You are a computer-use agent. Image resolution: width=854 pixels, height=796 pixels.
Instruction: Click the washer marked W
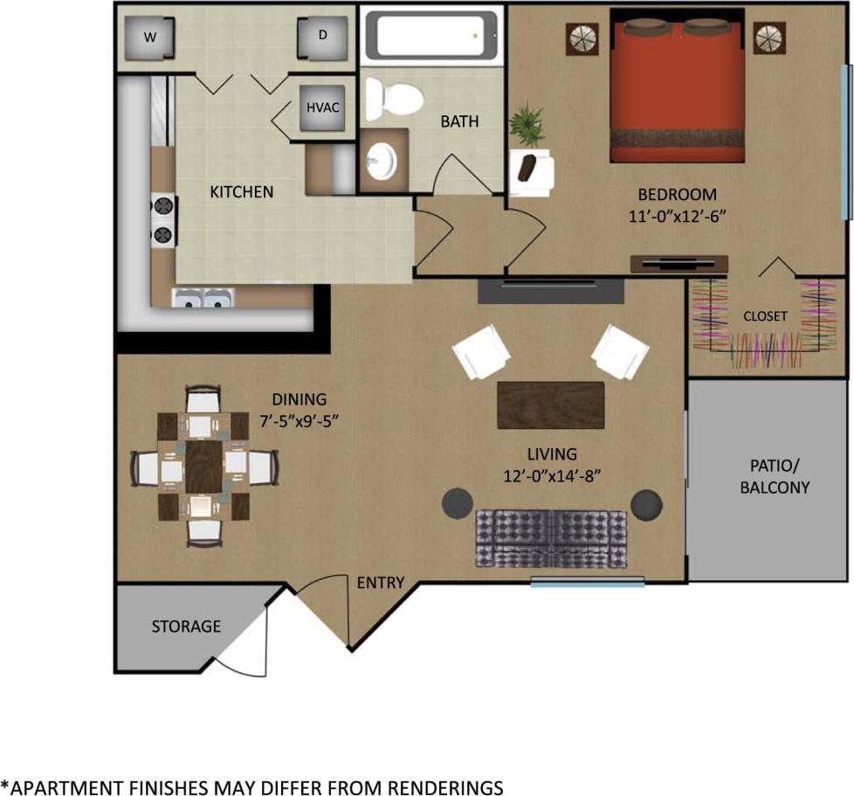pos(149,38)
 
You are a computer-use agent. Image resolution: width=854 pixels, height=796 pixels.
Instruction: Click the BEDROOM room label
pos(677,195)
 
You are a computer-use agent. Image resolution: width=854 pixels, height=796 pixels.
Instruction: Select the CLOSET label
pos(765,316)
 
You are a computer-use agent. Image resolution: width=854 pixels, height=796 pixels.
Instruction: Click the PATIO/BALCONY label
pos(775,477)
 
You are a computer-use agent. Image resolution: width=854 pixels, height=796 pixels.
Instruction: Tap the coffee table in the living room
pos(551,405)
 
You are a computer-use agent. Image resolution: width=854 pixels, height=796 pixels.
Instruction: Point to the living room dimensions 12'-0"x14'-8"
pos(552,475)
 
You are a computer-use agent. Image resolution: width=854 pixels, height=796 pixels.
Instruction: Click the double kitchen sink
pos(203,300)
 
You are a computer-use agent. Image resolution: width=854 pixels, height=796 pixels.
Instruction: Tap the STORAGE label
pos(186,626)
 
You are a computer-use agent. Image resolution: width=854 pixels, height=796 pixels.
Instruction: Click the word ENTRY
pos(381,583)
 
